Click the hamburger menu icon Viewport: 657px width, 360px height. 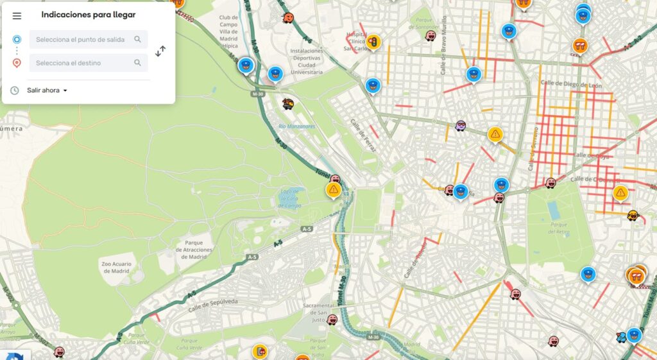17,16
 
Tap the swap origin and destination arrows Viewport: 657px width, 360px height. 160,51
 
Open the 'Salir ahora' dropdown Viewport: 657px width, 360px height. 47,90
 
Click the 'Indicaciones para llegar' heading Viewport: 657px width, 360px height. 89,15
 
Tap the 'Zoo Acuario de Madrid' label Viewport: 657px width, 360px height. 116,268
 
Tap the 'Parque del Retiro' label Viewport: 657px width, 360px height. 559,227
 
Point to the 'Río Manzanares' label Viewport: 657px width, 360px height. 297,126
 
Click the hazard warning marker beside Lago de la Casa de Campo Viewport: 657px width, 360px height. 333,190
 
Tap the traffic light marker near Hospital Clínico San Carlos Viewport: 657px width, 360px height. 373,42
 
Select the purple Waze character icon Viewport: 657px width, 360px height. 461,126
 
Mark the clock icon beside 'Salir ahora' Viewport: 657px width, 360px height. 15,90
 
